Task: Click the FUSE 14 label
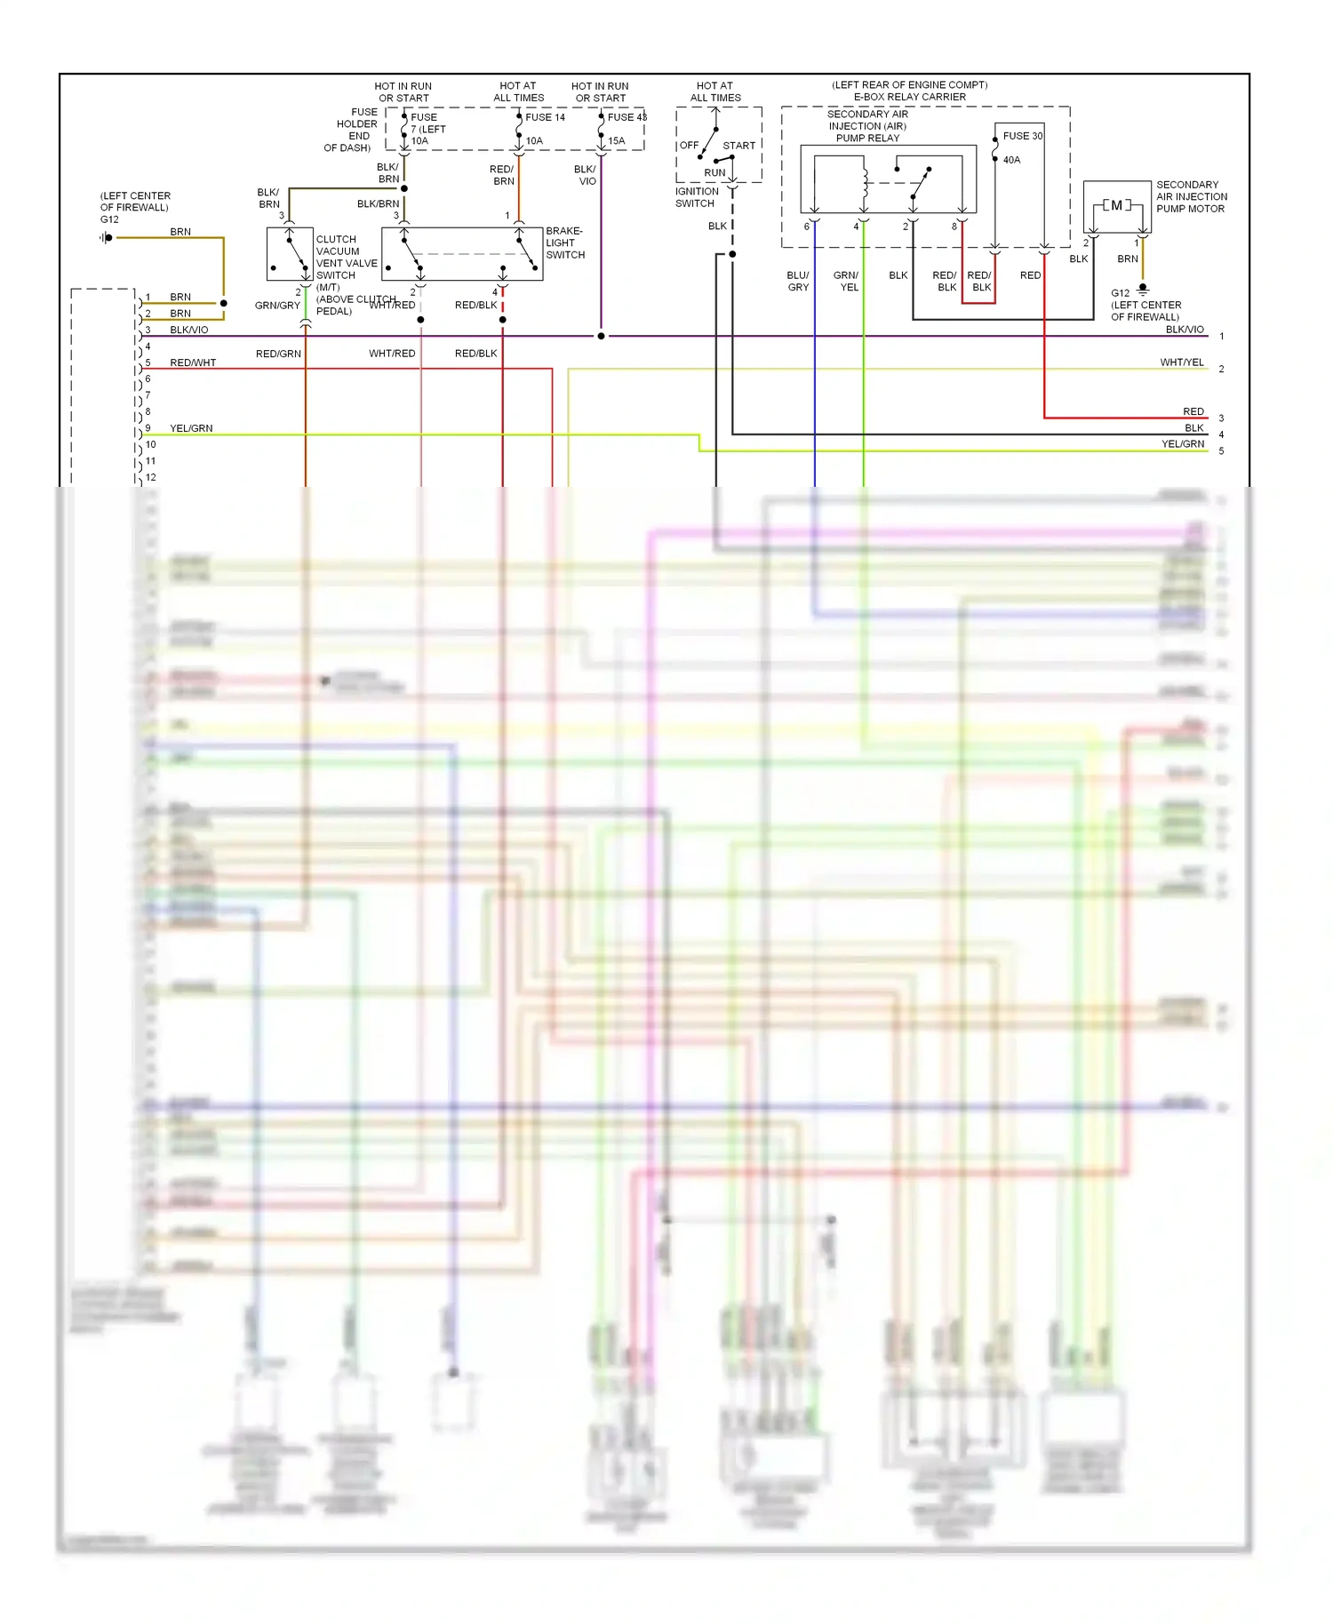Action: pos(545,117)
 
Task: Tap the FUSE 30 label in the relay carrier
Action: pos(1022,136)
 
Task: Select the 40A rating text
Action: pos(1011,160)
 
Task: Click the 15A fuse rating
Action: pos(616,140)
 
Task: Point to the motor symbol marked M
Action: pos(1117,205)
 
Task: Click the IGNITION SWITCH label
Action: pos(696,197)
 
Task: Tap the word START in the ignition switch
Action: pos(738,146)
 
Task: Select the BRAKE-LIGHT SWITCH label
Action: pos(565,243)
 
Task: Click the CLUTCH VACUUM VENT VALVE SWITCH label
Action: pos(346,258)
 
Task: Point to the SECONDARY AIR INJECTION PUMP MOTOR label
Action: pos(1191,196)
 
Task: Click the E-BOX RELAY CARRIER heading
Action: pos(909,97)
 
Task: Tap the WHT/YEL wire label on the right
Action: pos(1181,362)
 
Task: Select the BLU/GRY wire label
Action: pos(798,281)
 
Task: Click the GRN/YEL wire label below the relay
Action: pos(847,281)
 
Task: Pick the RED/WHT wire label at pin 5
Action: pos(193,362)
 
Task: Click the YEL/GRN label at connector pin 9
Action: pos(191,428)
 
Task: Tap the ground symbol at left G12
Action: pos(107,237)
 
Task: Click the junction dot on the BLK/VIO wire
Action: pos(602,337)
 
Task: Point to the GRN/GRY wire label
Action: pos(277,306)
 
